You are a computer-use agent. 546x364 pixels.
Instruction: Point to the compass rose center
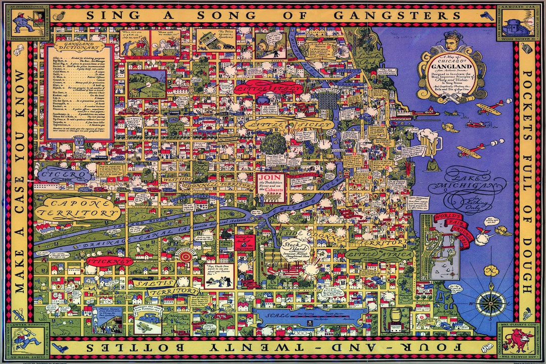490,303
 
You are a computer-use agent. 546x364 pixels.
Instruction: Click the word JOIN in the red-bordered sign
269,178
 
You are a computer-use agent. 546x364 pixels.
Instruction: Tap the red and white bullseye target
186,256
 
